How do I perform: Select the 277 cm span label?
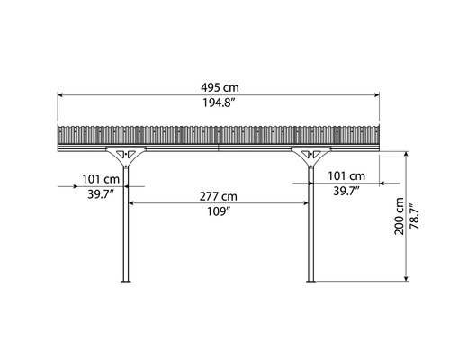[219, 195]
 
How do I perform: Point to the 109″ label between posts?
[219, 212]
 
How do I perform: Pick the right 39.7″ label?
[346, 191]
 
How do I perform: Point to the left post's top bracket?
[125, 155]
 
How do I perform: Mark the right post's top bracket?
[310, 155]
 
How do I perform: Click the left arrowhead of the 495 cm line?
[60, 94]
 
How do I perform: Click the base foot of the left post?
[125, 281]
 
